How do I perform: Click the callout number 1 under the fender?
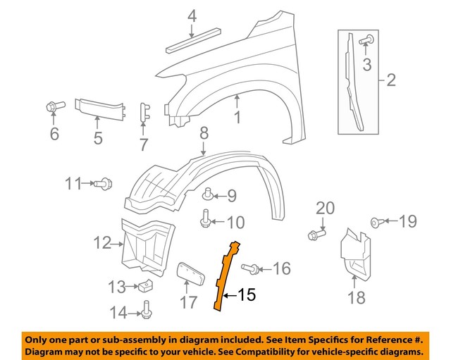[x=237, y=118]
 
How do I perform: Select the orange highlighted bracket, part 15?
[x=226, y=275]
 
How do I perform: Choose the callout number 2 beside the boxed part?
[x=390, y=81]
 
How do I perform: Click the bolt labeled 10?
[x=206, y=221]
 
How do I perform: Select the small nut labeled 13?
[x=147, y=286]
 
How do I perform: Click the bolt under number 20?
[x=314, y=233]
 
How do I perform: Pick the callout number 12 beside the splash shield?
[x=103, y=243]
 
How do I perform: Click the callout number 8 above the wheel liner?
[x=204, y=132]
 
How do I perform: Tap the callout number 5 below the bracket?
[x=98, y=138]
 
